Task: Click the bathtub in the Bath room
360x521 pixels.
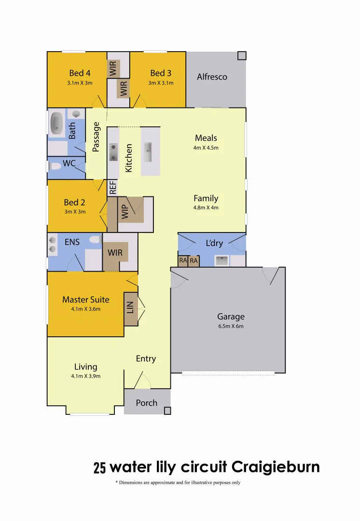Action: click(56, 124)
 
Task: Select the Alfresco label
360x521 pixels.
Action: click(212, 77)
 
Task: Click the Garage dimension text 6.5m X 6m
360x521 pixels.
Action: click(231, 326)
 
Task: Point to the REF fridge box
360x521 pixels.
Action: click(112, 187)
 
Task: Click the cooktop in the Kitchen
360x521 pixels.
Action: click(113, 151)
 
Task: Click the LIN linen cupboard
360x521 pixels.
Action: click(130, 307)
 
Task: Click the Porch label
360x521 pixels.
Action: click(146, 402)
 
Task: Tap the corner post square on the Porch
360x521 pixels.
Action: click(167, 411)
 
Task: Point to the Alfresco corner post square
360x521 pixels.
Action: click(241, 55)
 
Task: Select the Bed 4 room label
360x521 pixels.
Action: click(80, 73)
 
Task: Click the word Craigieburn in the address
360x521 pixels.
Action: click(276, 467)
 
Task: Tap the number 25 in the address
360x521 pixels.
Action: click(99, 468)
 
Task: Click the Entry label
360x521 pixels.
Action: click(146, 358)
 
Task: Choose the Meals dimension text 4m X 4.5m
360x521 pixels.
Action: click(206, 148)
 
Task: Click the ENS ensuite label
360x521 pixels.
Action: click(72, 242)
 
